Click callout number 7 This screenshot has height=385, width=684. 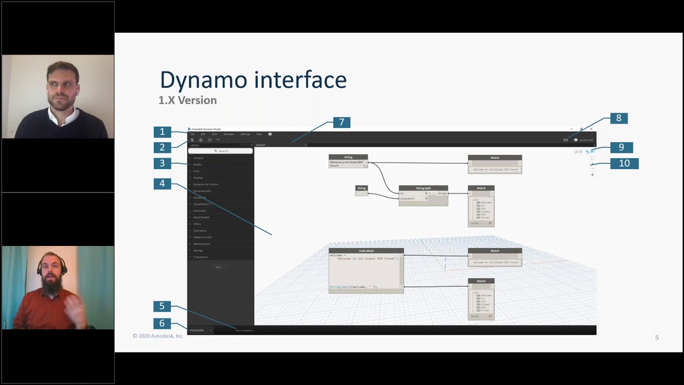pyautogui.click(x=342, y=122)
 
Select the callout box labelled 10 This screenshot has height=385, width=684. pyautogui.click(x=624, y=163)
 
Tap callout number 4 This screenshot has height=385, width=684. pyautogui.click(x=162, y=183)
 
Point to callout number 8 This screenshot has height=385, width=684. pyautogui.click(x=619, y=118)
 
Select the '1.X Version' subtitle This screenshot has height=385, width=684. pyautogui.click(x=188, y=100)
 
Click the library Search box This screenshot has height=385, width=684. pyautogui.click(x=221, y=151)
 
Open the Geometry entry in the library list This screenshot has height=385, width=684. pyautogui.click(x=200, y=211)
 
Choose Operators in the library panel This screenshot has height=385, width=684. pyautogui.click(x=200, y=230)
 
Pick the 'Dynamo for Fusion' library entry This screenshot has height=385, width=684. pyautogui.click(x=206, y=184)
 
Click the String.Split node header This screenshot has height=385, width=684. pyautogui.click(x=423, y=188)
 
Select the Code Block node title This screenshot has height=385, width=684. pyautogui.click(x=366, y=251)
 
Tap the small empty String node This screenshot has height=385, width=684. pyautogui.click(x=362, y=190)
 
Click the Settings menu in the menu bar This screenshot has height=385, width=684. pyautogui.click(x=245, y=134)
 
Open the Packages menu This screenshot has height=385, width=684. pyautogui.click(x=229, y=134)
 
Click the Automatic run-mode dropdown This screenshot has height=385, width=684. pyautogui.click(x=200, y=330)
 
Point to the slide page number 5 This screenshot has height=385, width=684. pyautogui.click(x=657, y=337)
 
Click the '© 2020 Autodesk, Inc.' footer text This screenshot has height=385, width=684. pyautogui.click(x=158, y=336)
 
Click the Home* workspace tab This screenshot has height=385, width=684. pyautogui.click(x=261, y=145)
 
